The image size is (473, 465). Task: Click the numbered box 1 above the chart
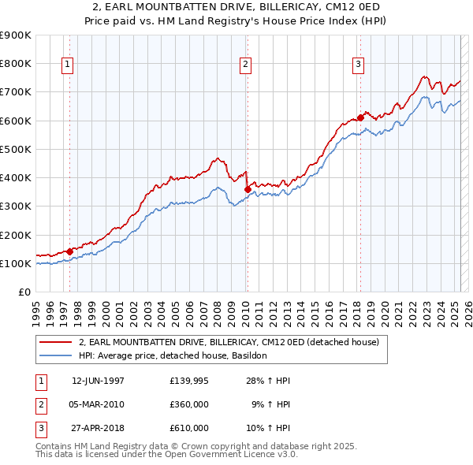coord(68,65)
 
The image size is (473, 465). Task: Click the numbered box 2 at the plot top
coord(246,65)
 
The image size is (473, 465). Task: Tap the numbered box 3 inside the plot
coord(358,65)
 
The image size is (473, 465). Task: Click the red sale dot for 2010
coord(248,189)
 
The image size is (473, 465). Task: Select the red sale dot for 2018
coord(360,117)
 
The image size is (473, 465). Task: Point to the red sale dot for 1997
coord(69,251)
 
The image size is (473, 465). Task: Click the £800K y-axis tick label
coord(16,64)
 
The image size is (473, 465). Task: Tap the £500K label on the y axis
coord(16,149)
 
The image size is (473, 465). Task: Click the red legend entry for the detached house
coord(229,342)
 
